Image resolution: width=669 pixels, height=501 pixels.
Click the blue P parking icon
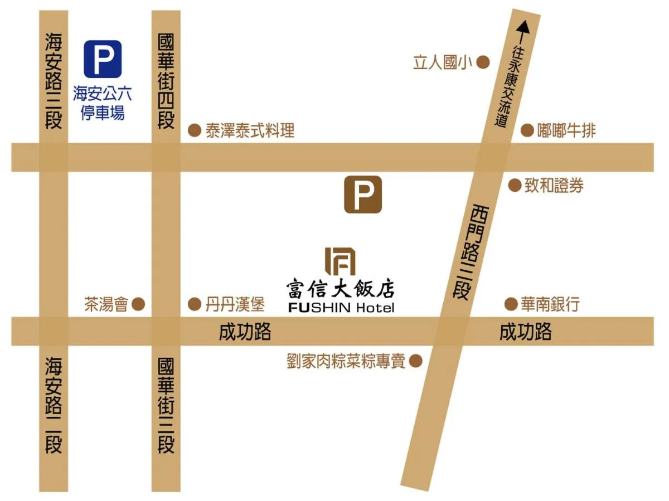coord(103,59)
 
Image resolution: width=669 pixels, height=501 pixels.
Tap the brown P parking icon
coord(362,194)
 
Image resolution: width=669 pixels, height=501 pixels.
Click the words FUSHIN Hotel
coord(341,308)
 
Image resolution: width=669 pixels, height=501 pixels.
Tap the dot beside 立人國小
coord(483,62)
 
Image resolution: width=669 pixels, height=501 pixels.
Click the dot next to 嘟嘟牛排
coord(527,130)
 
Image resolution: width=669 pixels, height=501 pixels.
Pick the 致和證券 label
coord(554,186)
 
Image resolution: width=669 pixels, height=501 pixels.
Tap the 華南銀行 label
coord(550,304)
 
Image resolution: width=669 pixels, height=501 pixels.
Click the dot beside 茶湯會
coord(138,304)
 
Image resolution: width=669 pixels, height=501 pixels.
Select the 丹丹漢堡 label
coord(235,304)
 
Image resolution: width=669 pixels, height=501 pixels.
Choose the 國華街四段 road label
coord(166,81)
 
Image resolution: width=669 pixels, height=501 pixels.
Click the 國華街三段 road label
coord(166,405)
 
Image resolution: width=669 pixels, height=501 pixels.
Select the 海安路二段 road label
coord(54,405)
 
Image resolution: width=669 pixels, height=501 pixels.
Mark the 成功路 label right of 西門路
coord(525,332)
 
